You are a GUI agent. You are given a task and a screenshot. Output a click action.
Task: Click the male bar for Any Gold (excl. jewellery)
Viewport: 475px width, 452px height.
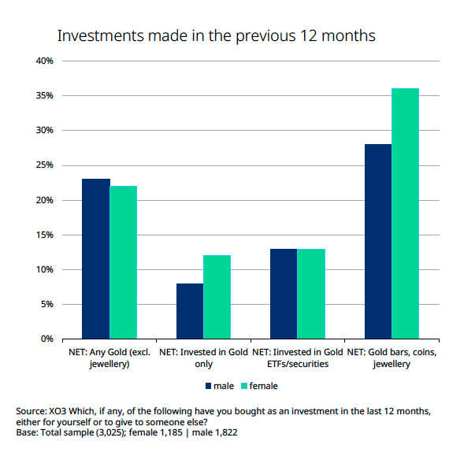click(x=96, y=259)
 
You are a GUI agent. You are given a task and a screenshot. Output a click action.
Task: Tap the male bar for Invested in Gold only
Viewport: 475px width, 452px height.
click(x=190, y=311)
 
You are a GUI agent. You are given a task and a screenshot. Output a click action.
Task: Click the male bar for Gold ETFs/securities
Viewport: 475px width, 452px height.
click(x=284, y=294)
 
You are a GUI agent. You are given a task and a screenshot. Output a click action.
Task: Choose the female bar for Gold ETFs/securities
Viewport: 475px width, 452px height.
click(x=310, y=294)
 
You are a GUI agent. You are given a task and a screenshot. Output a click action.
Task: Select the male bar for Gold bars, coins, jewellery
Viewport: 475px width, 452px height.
click(x=378, y=241)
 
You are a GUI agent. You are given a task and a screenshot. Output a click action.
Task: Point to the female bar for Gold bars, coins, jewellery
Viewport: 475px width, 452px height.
click(x=405, y=213)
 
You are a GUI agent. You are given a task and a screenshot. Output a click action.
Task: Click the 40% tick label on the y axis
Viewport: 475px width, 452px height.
click(x=43, y=61)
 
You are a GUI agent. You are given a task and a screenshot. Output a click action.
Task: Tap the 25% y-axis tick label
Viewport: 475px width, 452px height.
click(x=43, y=165)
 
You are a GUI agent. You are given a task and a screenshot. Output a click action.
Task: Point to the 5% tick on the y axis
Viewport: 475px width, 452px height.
click(x=45, y=305)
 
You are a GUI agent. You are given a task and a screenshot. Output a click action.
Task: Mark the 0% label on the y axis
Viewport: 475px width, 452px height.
click(x=45, y=339)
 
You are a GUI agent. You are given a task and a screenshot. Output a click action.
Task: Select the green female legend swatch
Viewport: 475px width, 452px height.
click(x=244, y=387)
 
